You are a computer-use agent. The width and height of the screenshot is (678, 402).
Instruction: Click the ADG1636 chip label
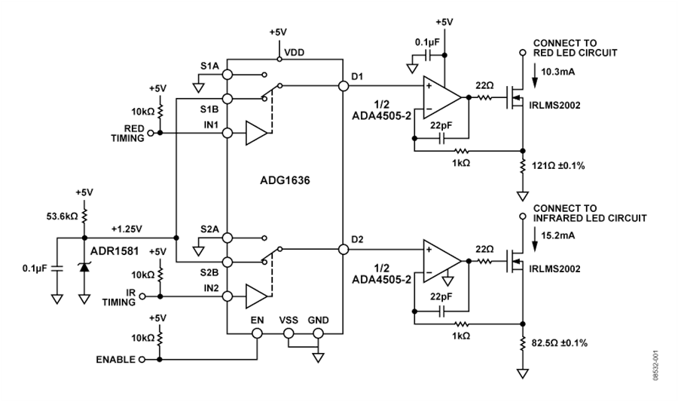click(285, 180)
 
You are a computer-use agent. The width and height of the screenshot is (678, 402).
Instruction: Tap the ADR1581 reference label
click(115, 251)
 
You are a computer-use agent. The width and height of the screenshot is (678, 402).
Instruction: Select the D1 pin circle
click(344, 86)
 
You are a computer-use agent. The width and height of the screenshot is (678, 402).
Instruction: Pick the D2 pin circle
click(344, 249)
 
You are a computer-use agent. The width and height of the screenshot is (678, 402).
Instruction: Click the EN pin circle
click(257, 333)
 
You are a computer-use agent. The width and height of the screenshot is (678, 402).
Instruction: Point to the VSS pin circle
click(288, 333)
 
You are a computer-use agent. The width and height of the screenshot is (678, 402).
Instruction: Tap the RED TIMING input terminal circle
click(151, 133)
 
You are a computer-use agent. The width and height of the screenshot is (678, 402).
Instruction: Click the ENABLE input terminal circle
click(142, 359)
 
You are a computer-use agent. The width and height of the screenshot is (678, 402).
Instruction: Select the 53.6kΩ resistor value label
click(62, 216)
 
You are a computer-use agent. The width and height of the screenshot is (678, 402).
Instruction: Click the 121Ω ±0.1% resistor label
click(558, 165)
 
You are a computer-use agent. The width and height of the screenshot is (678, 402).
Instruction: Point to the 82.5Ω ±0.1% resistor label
click(560, 342)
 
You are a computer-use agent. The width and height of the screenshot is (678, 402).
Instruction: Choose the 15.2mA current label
click(557, 236)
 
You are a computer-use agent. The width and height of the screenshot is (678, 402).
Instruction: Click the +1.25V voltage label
click(127, 229)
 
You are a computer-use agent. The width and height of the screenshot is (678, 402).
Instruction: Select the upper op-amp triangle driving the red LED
click(441, 97)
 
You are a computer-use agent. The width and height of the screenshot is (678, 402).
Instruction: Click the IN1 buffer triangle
click(256, 133)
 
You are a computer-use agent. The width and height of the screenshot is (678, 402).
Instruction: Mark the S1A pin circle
click(227, 75)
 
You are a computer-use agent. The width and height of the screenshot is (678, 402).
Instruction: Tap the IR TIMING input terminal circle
click(142, 296)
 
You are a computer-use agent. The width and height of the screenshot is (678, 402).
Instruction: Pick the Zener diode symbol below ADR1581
click(84, 267)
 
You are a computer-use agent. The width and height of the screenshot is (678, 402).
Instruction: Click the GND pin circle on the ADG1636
click(318, 333)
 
